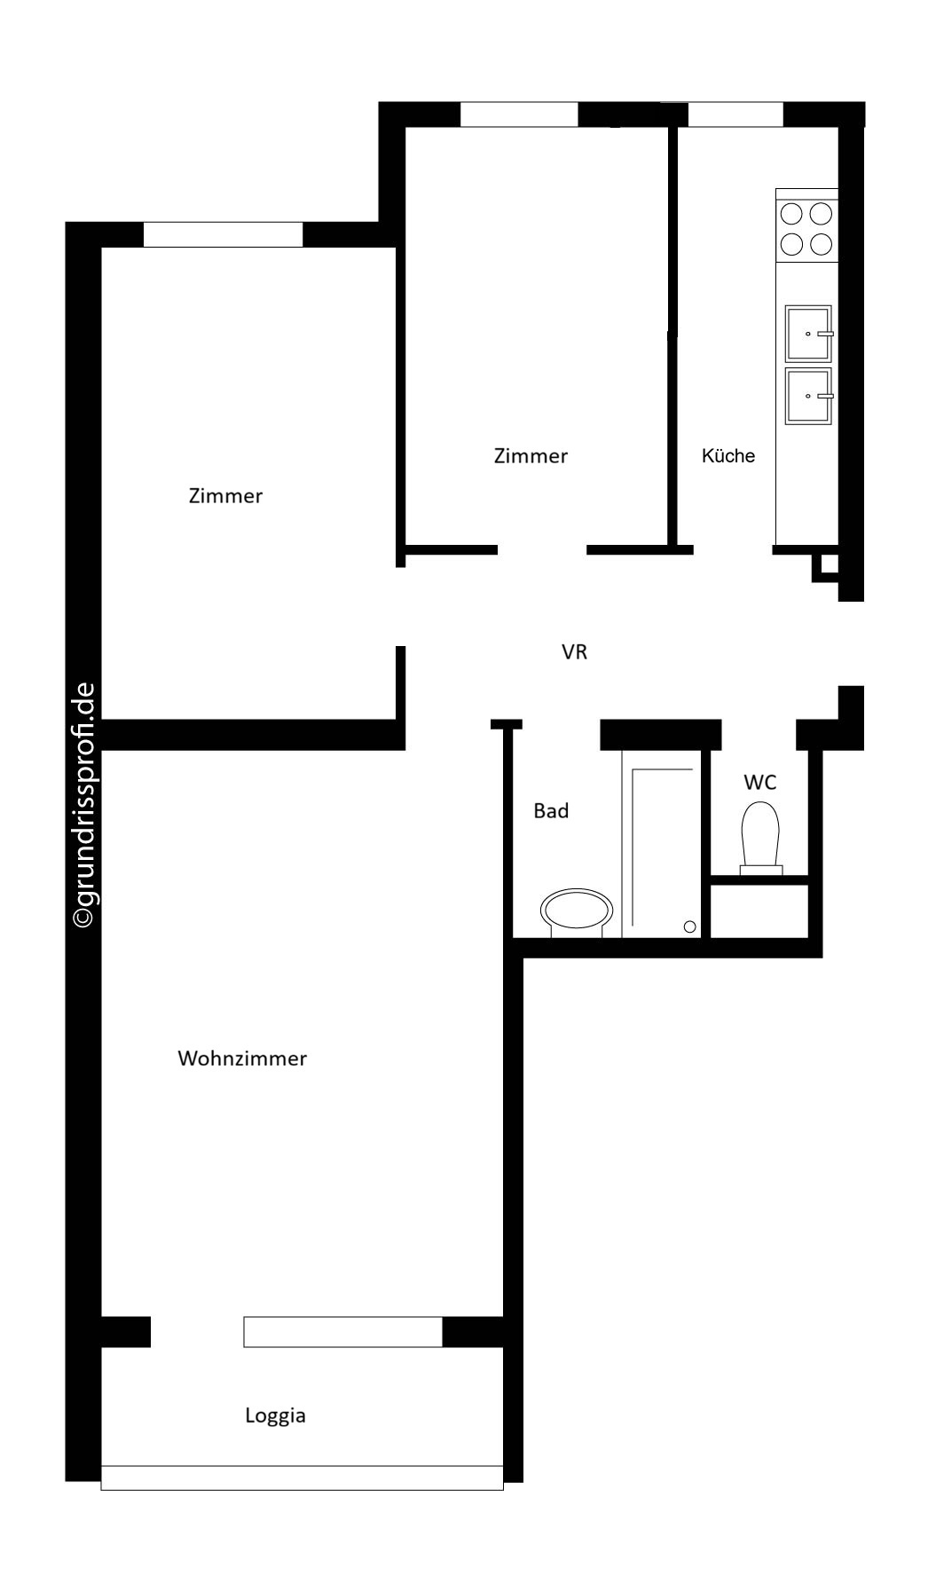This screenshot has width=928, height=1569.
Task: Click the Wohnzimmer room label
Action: pyautogui.click(x=242, y=1058)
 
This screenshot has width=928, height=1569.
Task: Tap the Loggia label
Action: pyautogui.click(x=275, y=1415)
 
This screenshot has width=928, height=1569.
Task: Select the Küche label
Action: pyautogui.click(x=728, y=455)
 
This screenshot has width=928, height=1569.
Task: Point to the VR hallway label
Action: pyautogui.click(x=575, y=652)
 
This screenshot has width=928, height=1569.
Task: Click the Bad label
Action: pyautogui.click(x=551, y=810)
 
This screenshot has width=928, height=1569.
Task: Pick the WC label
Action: pyautogui.click(x=760, y=783)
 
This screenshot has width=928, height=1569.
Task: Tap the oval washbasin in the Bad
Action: pyautogui.click(x=578, y=912)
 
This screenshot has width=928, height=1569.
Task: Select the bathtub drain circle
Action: pyautogui.click(x=690, y=927)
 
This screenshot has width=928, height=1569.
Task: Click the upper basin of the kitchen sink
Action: pyautogui.click(x=809, y=333)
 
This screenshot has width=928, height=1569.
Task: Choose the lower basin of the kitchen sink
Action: pyautogui.click(x=809, y=396)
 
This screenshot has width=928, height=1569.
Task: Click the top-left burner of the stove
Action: pyautogui.click(x=791, y=214)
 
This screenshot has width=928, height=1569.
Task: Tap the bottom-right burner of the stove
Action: pyautogui.click(x=822, y=243)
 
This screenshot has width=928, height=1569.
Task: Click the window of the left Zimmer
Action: pyautogui.click(x=223, y=234)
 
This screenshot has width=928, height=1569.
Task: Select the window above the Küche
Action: pyautogui.click(x=735, y=114)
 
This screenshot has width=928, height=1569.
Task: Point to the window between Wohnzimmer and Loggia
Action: pyautogui.click(x=342, y=1332)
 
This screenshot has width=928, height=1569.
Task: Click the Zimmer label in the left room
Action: pyautogui.click(x=225, y=495)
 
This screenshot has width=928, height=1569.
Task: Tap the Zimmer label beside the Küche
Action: pyautogui.click(x=531, y=455)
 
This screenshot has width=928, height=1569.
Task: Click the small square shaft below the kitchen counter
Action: pyautogui.click(x=827, y=565)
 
